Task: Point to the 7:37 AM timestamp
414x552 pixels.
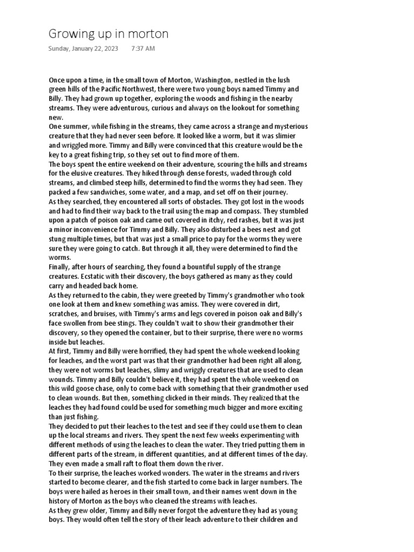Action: [x=143, y=49]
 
